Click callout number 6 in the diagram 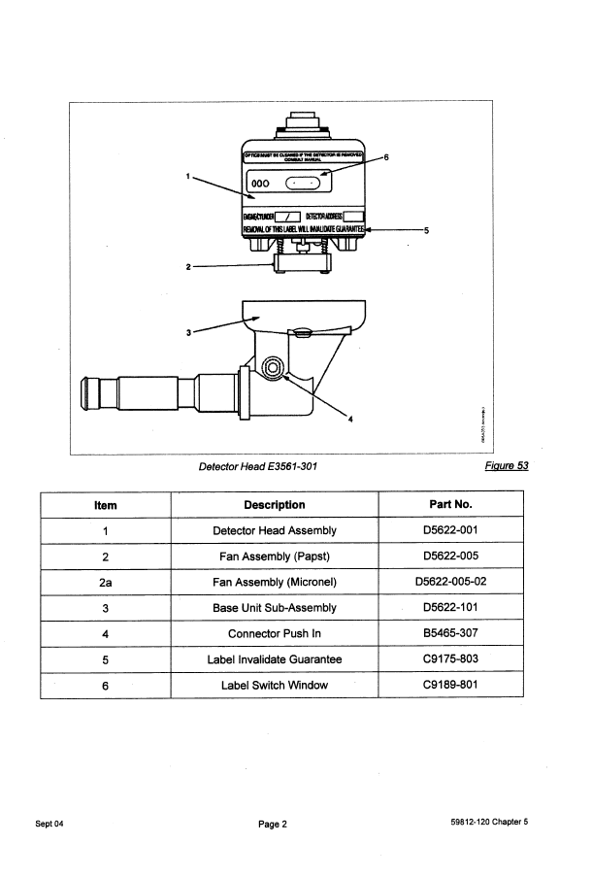pos(386,157)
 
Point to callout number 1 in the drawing pos(186,176)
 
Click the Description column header pos(274,504)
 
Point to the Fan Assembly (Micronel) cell pos(274,583)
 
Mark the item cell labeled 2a pos(105,583)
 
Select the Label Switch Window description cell pos(274,686)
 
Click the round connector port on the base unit pos(273,366)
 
